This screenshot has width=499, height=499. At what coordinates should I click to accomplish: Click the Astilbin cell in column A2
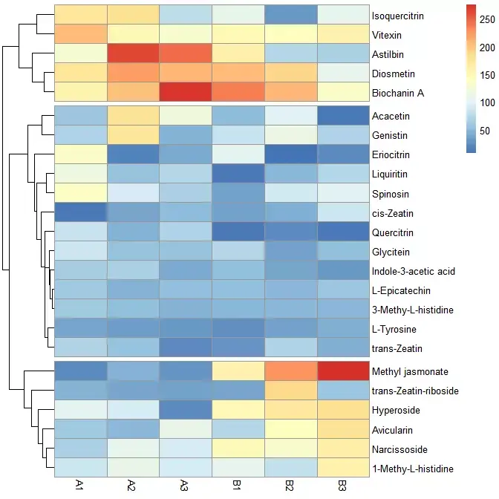click(x=133, y=53)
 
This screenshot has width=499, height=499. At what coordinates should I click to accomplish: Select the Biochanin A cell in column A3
click(x=186, y=93)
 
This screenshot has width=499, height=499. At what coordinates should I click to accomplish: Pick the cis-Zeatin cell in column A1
click(x=80, y=213)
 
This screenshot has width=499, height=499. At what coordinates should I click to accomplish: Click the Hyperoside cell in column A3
click(x=186, y=409)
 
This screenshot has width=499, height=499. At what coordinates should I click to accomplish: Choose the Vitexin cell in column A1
click(x=80, y=34)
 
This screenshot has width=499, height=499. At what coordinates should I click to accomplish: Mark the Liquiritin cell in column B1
click(x=238, y=175)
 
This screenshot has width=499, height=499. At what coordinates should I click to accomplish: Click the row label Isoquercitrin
click(x=399, y=15)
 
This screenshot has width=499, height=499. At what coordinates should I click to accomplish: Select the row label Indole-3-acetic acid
click(x=414, y=271)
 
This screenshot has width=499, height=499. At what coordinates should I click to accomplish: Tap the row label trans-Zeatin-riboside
click(x=415, y=390)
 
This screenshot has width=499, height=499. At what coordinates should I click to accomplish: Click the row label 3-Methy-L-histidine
click(x=411, y=310)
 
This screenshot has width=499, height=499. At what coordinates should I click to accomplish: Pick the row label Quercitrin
click(x=393, y=232)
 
